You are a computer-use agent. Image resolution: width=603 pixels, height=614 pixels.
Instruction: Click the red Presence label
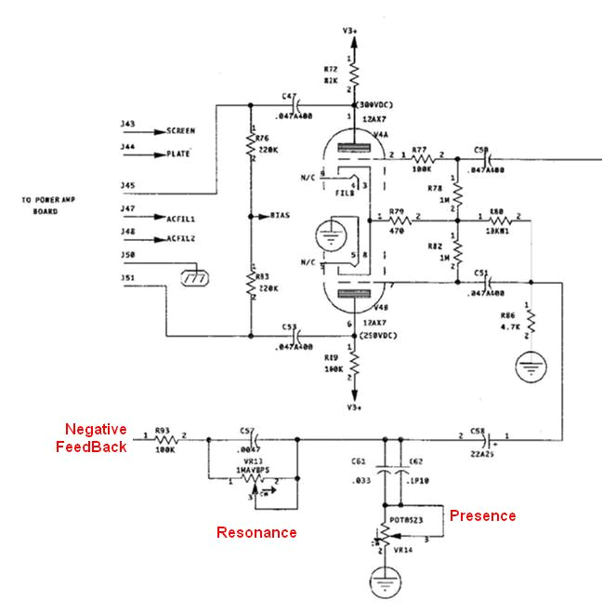point(482,514)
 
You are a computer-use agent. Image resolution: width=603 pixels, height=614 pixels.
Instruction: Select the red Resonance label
point(256,532)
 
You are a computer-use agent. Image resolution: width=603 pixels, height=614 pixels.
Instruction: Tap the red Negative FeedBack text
point(96,437)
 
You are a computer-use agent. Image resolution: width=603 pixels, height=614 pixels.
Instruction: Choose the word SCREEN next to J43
point(181,131)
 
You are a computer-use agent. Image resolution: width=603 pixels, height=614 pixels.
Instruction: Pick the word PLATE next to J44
point(178,153)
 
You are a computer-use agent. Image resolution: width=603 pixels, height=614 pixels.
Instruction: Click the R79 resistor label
point(398,210)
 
